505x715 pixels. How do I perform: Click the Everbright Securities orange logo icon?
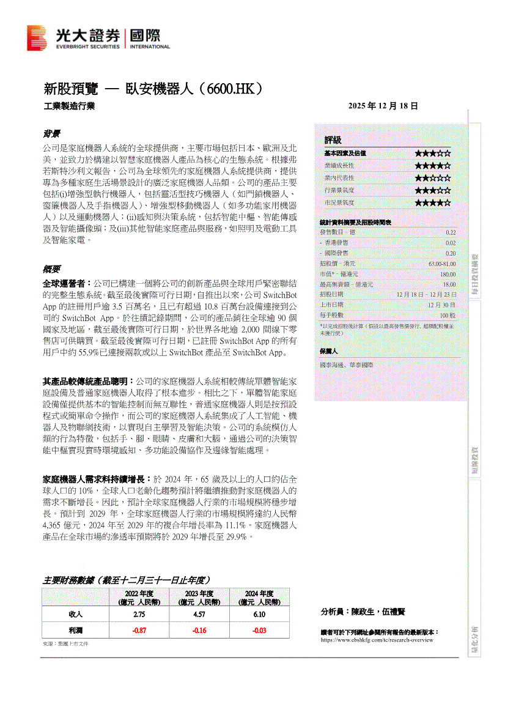[x=37, y=38]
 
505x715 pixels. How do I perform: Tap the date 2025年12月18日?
[x=383, y=106]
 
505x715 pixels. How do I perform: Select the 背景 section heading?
[x=51, y=133]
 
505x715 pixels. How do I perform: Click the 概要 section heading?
[x=51, y=269]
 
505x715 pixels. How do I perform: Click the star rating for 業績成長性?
[x=432, y=166]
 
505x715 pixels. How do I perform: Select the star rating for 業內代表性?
[x=432, y=178]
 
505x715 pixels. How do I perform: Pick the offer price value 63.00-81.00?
[x=442, y=264]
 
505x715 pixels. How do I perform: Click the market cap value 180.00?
[x=448, y=274]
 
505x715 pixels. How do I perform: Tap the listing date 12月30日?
[x=441, y=305]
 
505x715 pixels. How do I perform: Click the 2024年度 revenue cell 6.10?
[x=259, y=614]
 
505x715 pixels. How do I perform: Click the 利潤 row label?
[x=76, y=630]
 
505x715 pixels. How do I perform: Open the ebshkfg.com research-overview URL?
[x=377, y=640]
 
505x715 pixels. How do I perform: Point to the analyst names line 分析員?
[x=363, y=612]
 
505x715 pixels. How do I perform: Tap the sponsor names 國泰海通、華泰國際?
[x=346, y=365]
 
